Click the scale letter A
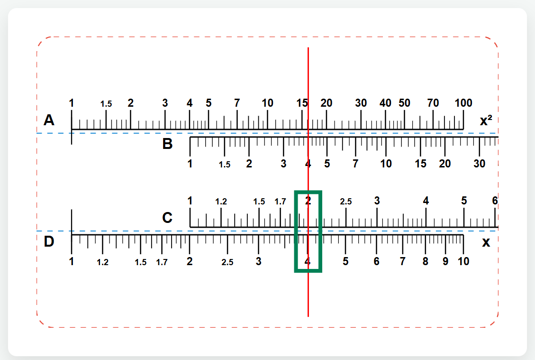pyautogui.click(x=49, y=120)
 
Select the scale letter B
pyautogui.click(x=167, y=144)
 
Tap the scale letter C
pyautogui.click(x=167, y=218)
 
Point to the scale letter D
pyautogui.click(x=49, y=241)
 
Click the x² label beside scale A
pyautogui.click(x=486, y=120)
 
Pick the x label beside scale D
pyautogui.click(x=486, y=242)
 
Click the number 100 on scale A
pyautogui.click(x=463, y=103)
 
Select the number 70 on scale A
pyautogui.click(x=433, y=103)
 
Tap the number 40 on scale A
pyautogui.click(x=385, y=103)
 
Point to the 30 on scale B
pyautogui.click(x=480, y=164)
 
